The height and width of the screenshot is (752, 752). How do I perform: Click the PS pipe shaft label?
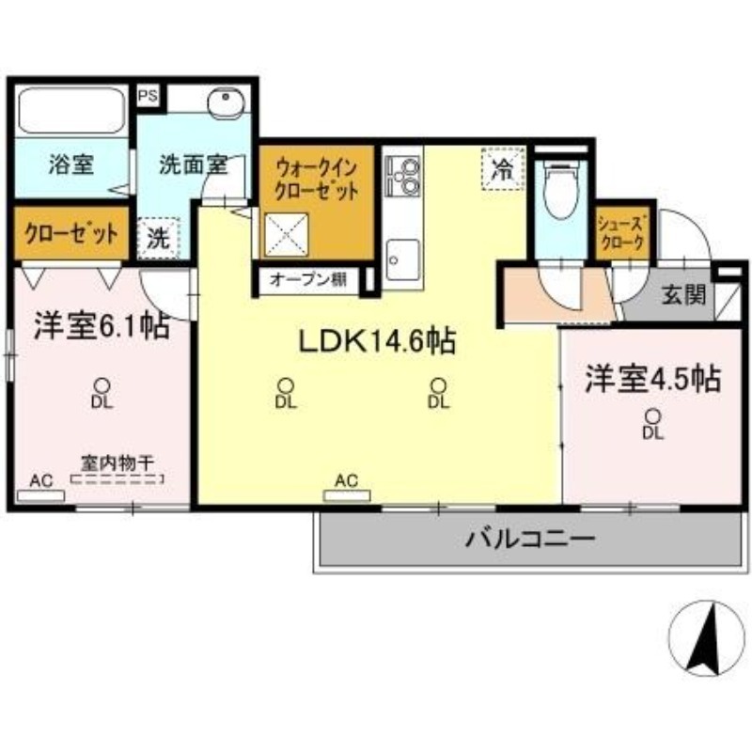coord(149,96)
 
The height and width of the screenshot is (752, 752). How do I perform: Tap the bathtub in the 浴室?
coord(72,111)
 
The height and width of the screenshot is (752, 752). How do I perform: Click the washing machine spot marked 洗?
coord(158,239)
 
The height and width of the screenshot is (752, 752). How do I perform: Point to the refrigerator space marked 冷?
coord(503,169)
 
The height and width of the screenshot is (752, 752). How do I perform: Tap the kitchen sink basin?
coord(403,260)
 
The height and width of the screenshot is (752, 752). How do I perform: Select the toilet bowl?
coord(561,190)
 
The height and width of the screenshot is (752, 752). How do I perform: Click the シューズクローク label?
coord(622,233)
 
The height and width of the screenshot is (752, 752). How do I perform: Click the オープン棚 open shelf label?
coord(308,279)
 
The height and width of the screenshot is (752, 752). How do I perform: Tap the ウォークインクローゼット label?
coord(317,180)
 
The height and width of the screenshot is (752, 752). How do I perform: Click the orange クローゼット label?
coord(71,234)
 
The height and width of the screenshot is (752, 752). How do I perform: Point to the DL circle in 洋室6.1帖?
coord(102,385)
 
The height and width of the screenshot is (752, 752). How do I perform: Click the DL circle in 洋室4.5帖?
coord(652,415)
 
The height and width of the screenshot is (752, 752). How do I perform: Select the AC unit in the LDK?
coord(347,495)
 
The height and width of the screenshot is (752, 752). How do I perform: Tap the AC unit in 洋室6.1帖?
coord(40,496)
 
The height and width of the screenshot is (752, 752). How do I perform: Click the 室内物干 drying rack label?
coord(117,464)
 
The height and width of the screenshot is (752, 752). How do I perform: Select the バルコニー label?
coord(530,539)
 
